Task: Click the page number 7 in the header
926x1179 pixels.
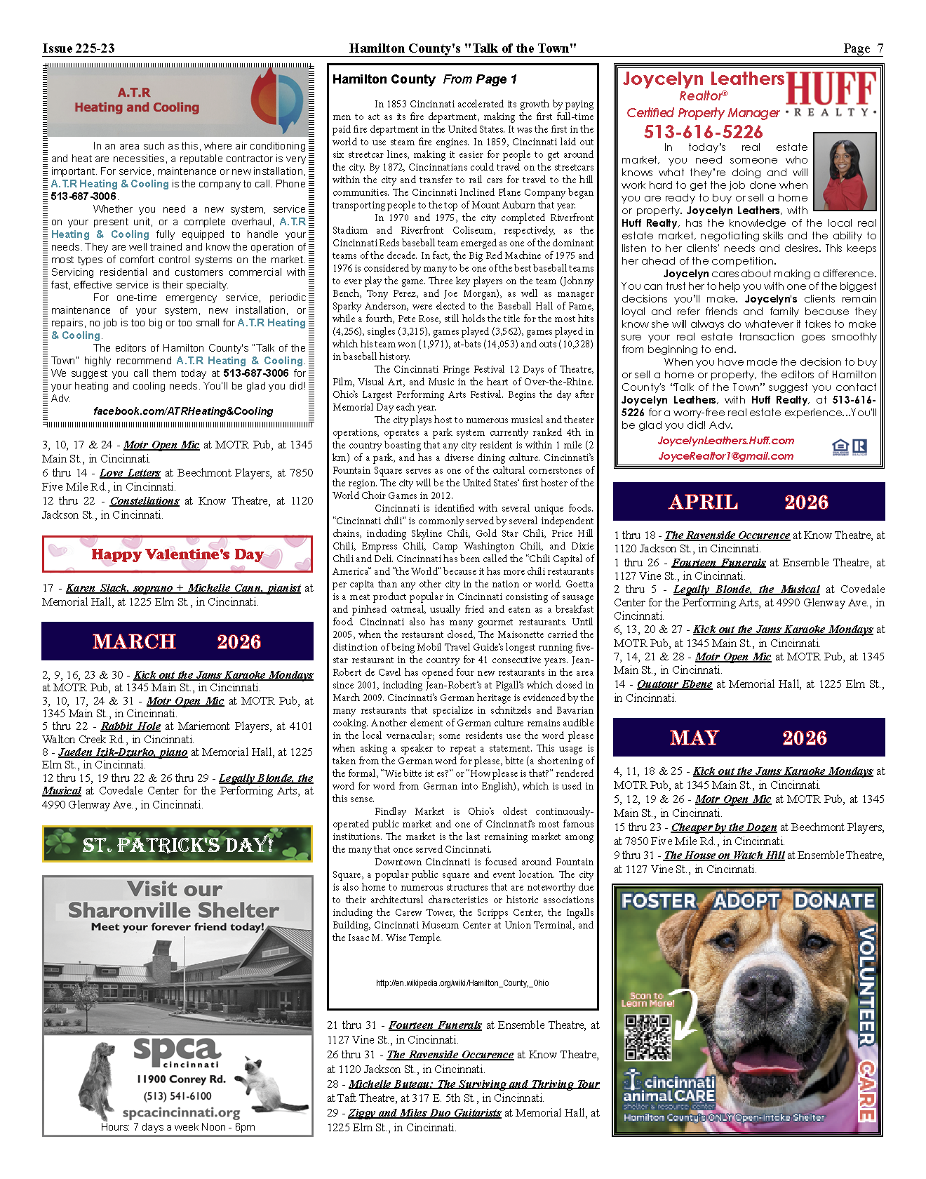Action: (880, 48)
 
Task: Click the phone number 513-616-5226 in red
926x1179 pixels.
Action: (703, 132)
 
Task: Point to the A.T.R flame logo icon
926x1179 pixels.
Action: (277, 100)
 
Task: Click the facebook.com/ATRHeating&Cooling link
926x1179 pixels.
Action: (183, 411)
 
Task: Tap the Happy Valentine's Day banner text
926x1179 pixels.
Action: (177, 554)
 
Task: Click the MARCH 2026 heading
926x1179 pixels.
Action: (177, 641)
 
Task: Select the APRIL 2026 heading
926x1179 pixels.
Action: (749, 502)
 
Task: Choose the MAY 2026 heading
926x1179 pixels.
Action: (749, 738)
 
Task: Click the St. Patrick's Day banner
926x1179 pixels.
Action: (177, 844)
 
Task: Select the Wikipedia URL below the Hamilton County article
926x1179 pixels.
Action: (462, 983)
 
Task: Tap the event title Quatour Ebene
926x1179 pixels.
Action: (674, 684)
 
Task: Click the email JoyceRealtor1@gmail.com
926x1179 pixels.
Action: (725, 456)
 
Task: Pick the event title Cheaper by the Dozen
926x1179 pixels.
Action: (723, 827)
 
